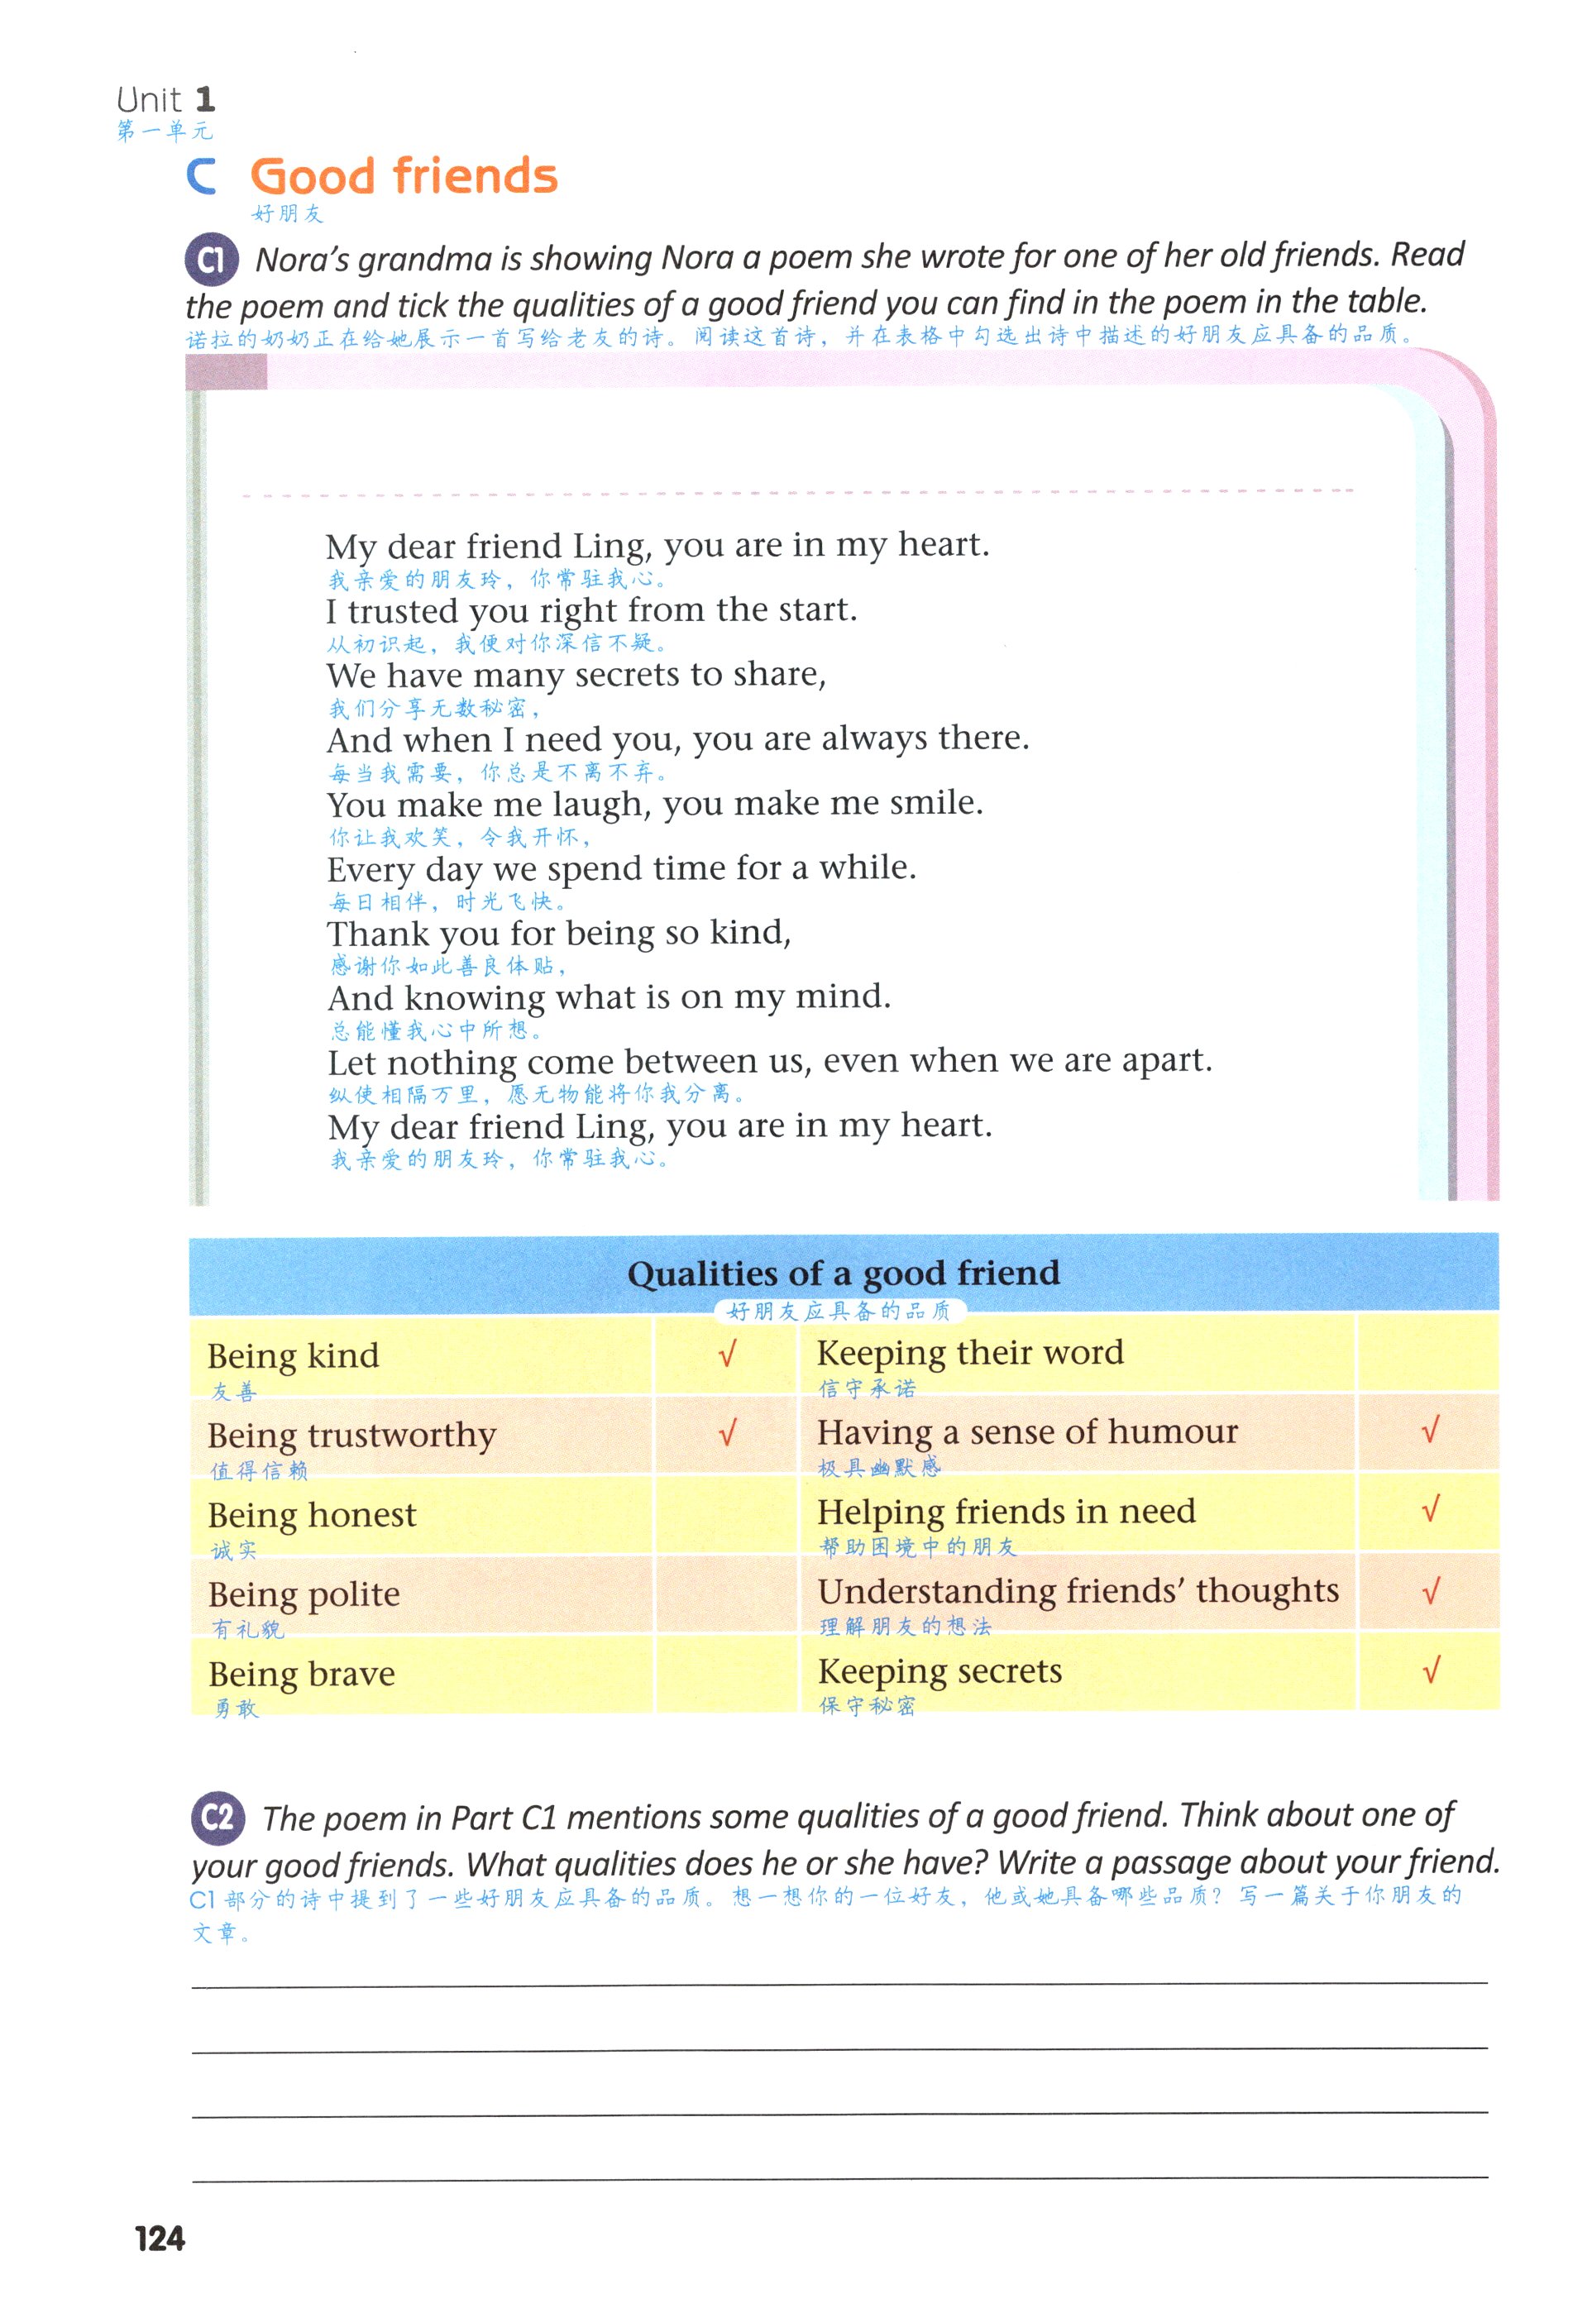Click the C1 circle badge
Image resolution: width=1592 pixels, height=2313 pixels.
pos(210,260)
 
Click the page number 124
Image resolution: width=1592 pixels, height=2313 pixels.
pos(160,2239)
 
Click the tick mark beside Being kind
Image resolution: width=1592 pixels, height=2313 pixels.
pos(727,1354)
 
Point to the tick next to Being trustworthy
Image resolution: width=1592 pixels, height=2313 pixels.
pos(727,1433)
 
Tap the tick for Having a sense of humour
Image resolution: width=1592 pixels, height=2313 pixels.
pos(1429,1431)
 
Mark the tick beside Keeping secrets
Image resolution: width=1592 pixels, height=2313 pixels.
pos(1431,1670)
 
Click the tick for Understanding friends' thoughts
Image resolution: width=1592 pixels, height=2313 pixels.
pos(1431,1590)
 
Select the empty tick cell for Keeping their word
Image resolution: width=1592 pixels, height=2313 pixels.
pos(1427,1353)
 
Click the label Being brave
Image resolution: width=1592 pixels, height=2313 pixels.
pos(301,1674)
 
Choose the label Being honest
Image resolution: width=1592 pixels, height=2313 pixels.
pos(311,1515)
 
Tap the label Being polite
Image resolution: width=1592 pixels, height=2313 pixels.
pos(304,1594)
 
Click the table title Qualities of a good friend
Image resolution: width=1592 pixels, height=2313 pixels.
pos(843,1274)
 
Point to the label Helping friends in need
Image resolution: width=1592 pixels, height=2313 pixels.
pos(1006,1511)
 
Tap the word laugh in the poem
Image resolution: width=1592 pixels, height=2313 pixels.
pos(599,805)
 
